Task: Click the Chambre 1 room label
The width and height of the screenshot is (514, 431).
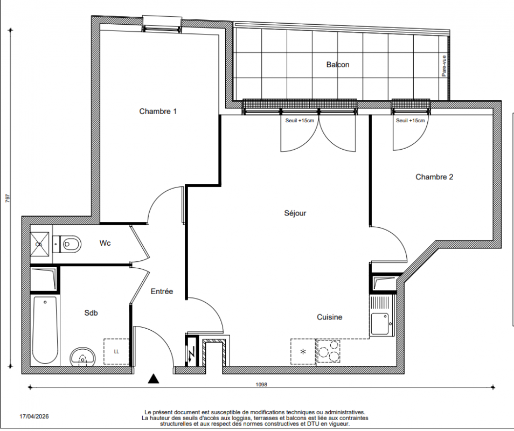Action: (158, 112)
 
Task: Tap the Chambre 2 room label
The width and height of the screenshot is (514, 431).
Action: (434, 177)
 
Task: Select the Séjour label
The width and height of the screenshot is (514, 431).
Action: (295, 213)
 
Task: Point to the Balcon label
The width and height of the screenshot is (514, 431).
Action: (338, 65)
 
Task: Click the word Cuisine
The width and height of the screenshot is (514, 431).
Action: (329, 317)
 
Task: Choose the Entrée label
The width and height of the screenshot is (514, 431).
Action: (162, 291)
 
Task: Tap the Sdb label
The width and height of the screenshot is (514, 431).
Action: (91, 313)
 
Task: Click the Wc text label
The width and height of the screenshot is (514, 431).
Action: (105, 243)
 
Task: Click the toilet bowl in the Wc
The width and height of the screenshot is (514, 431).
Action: (71, 244)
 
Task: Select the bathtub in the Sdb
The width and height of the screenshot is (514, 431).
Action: (45, 330)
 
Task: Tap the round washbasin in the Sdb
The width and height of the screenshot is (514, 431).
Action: (82, 357)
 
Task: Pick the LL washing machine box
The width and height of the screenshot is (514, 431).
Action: (116, 352)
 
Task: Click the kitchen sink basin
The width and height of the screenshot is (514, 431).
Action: (380, 324)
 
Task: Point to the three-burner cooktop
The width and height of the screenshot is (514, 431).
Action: (328, 351)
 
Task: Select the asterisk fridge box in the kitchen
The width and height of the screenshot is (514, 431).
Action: (303, 351)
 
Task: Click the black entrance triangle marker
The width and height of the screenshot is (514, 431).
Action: (154, 378)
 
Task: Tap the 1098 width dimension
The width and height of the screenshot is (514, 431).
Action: (261, 385)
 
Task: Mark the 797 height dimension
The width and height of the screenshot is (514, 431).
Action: (8, 198)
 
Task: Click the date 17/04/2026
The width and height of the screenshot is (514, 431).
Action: (34, 416)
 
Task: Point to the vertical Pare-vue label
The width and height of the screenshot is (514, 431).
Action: (444, 66)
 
